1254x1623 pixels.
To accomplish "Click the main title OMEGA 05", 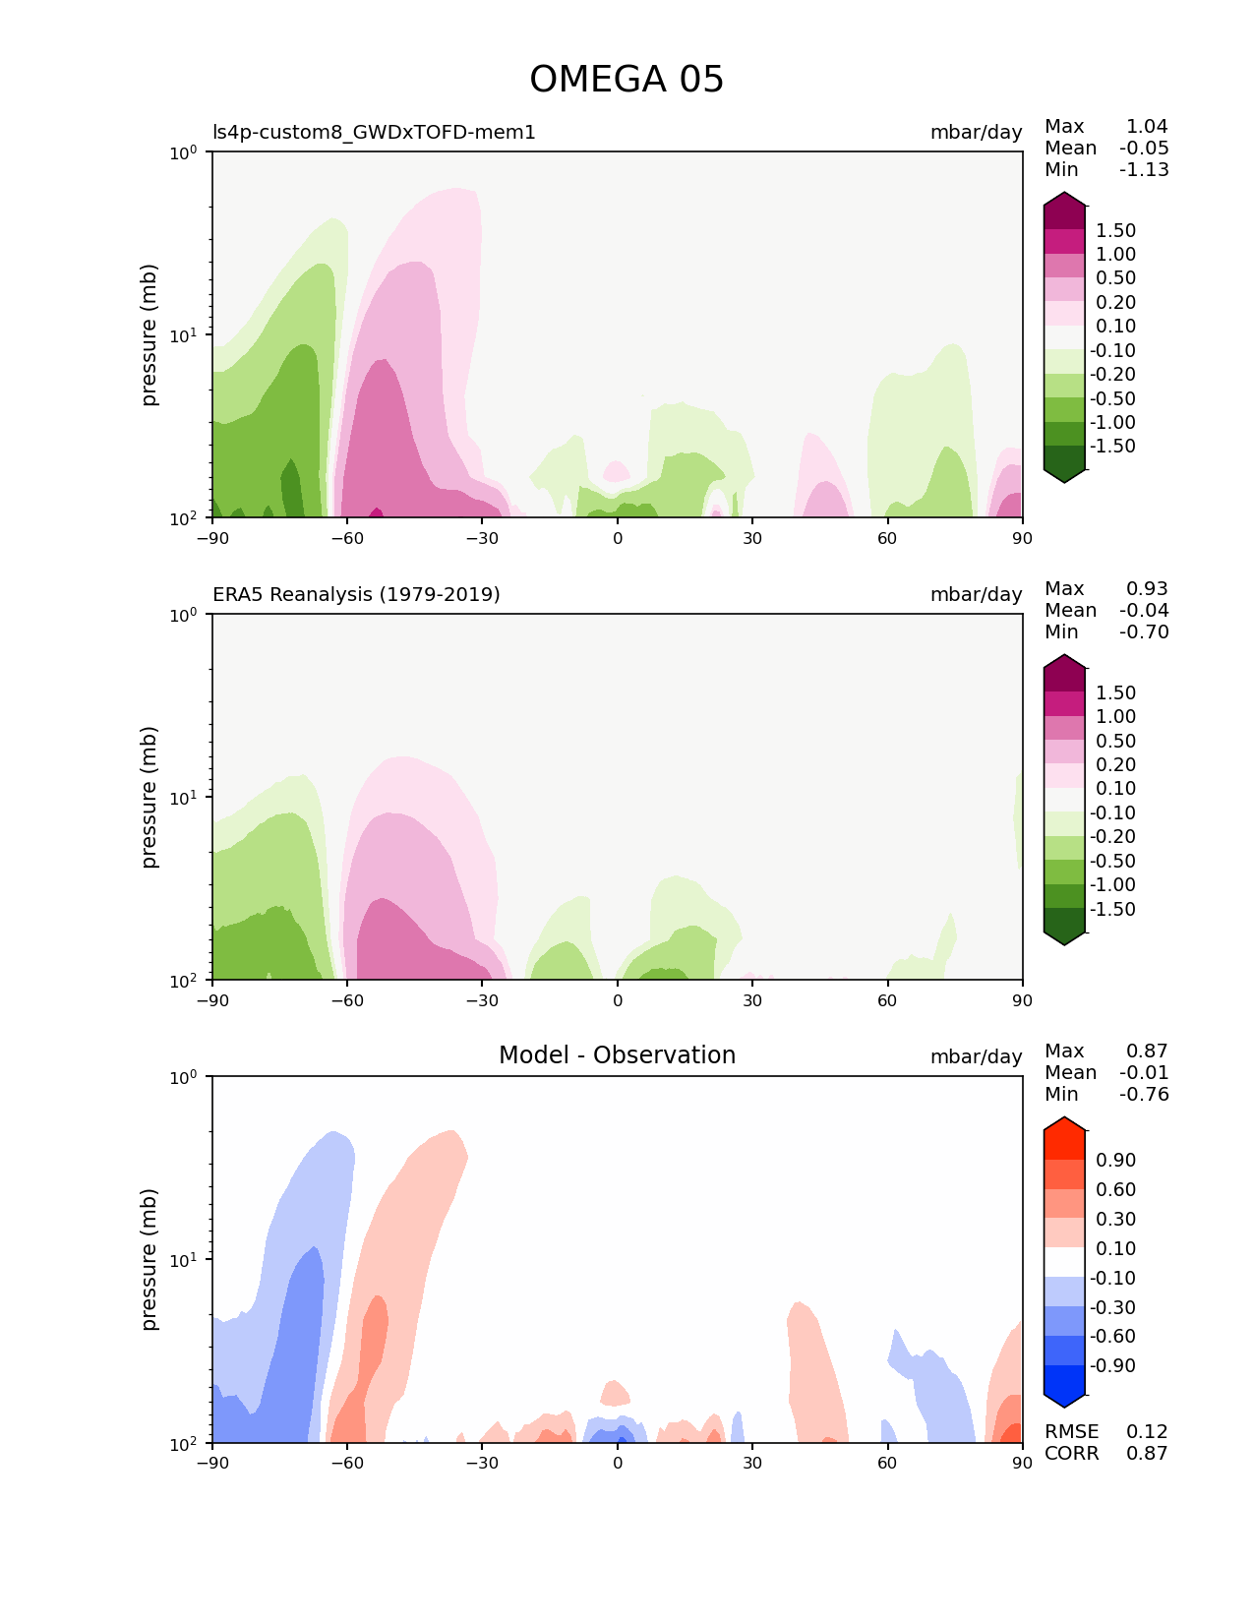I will click(x=627, y=80).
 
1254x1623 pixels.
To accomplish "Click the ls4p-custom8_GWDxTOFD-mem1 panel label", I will click(x=374, y=132).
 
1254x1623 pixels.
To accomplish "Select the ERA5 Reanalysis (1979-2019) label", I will click(x=356, y=594).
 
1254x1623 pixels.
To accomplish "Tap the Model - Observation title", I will click(x=617, y=1055).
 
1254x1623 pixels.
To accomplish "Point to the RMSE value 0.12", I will click(x=1147, y=1432).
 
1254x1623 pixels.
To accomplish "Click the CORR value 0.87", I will click(x=1147, y=1454).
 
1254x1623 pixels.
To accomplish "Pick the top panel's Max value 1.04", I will click(x=1147, y=127).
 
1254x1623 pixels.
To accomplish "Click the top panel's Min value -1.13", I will click(x=1144, y=170).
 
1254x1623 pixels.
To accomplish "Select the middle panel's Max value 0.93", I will click(x=1147, y=589).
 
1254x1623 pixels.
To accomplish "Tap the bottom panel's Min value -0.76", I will click(x=1144, y=1095).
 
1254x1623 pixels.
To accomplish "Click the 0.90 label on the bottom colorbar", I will click(x=1115, y=1161).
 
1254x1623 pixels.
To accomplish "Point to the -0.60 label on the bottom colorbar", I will click(x=1112, y=1337).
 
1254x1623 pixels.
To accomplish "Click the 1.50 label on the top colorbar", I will click(x=1115, y=231).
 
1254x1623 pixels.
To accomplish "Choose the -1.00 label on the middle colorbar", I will click(x=1112, y=885).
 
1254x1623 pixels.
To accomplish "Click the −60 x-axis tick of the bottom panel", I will click(x=347, y=1463).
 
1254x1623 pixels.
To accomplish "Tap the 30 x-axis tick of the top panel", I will click(x=752, y=537).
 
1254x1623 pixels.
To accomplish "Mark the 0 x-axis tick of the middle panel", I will click(x=618, y=1000).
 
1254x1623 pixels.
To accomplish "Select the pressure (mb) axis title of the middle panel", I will click(x=149, y=797).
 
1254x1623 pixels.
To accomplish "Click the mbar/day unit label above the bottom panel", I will click(x=976, y=1056).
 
